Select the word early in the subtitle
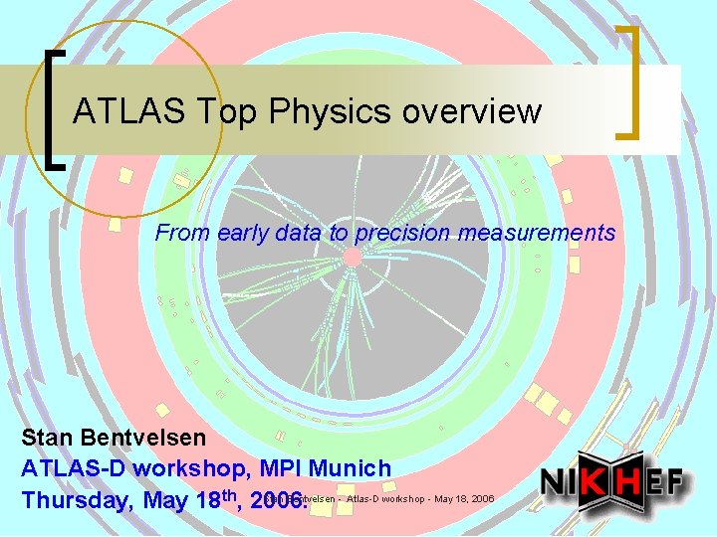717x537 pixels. [x=242, y=234]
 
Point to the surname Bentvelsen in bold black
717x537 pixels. [x=146, y=438]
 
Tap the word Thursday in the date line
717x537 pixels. [x=73, y=499]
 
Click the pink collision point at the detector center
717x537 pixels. [x=352, y=257]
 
